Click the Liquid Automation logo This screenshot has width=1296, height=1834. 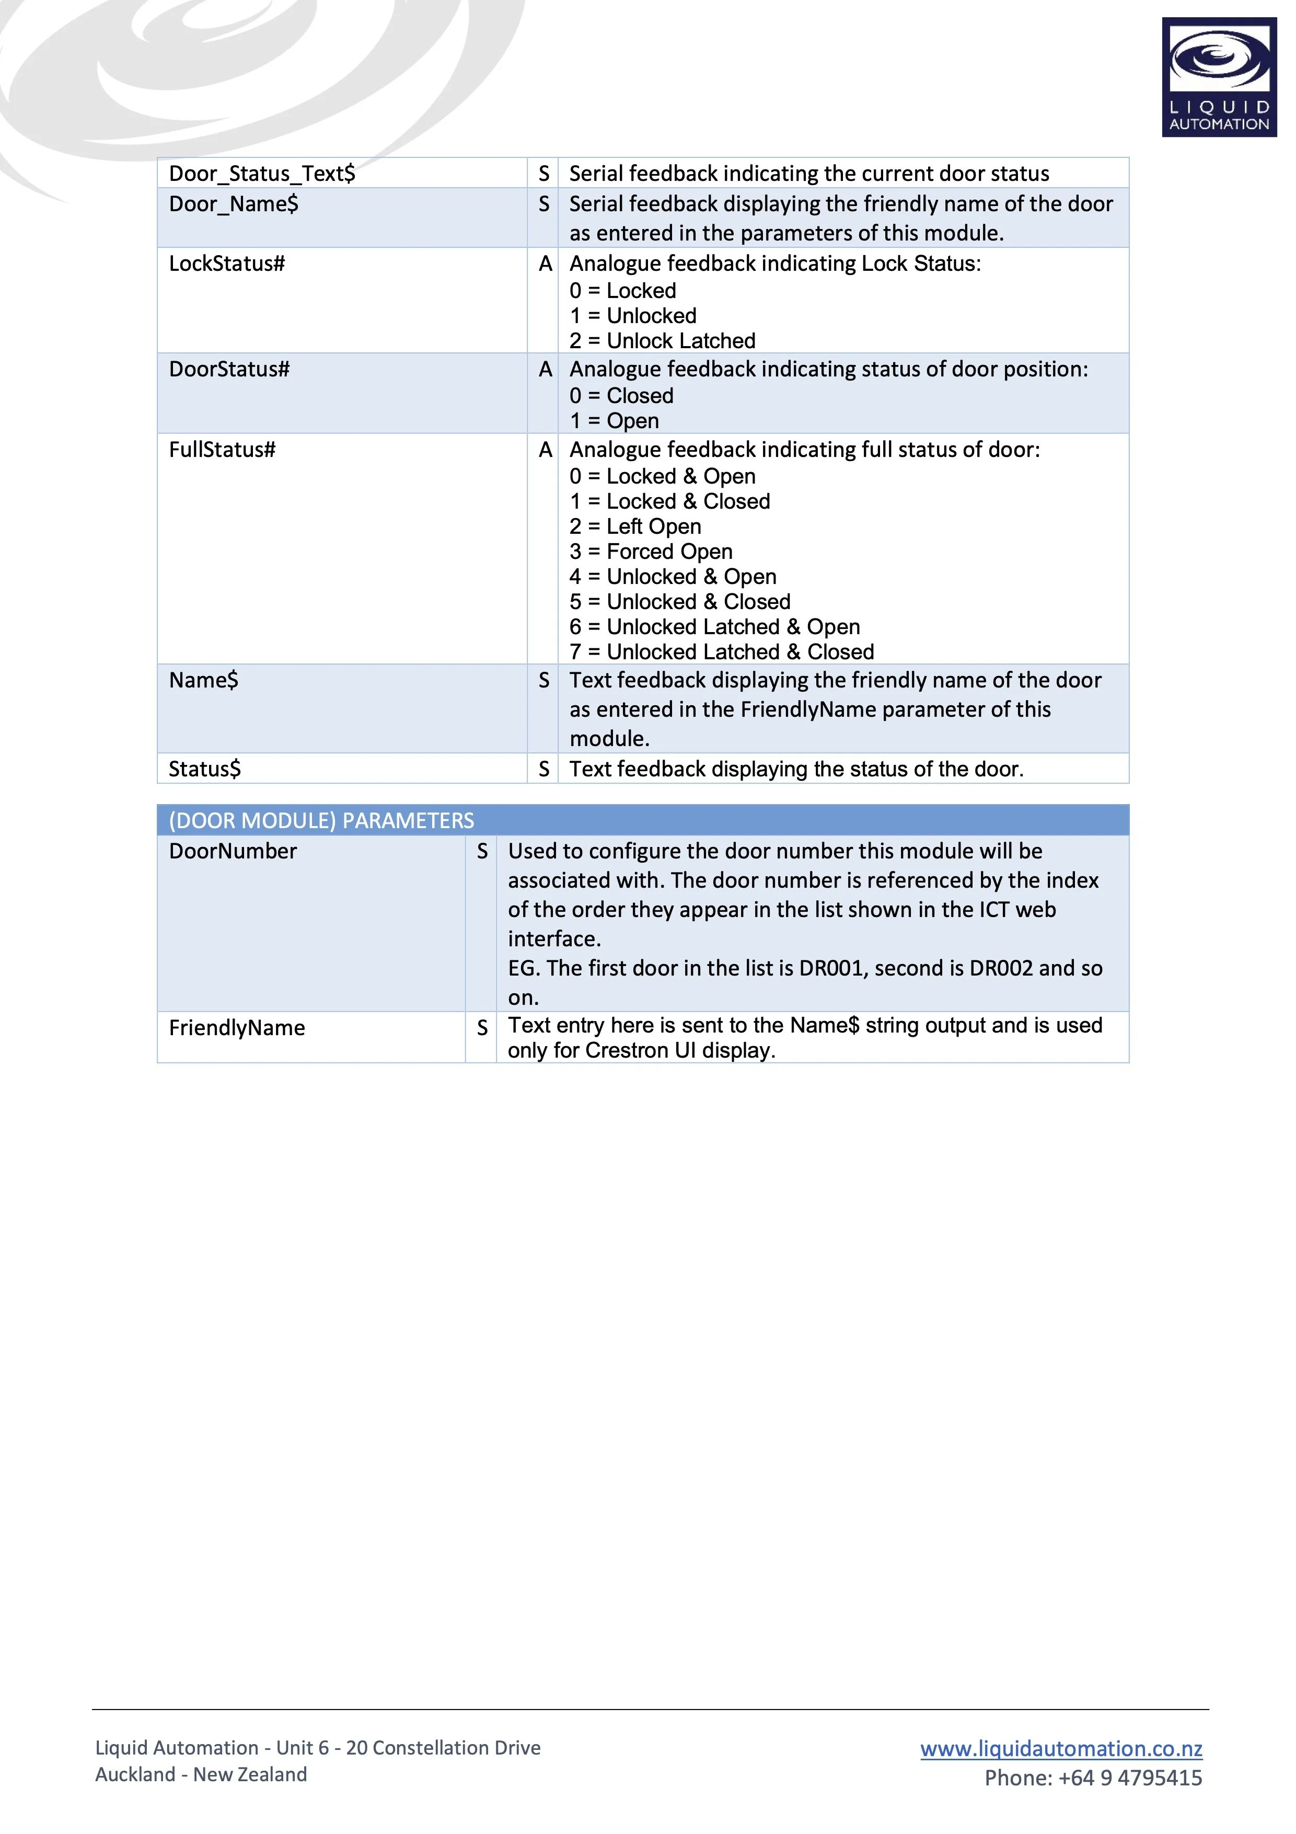coord(1219,77)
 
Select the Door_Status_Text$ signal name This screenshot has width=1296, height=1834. coord(262,174)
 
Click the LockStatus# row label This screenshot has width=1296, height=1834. coord(227,263)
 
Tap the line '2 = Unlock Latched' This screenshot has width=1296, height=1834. coord(662,340)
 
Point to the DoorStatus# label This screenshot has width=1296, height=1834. coord(229,369)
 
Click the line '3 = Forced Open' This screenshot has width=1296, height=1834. coord(651,551)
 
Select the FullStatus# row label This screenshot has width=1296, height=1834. coord(222,450)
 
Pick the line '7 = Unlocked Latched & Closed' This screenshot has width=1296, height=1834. coord(721,652)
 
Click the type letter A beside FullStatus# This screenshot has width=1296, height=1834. coord(546,450)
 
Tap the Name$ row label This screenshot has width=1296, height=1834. coord(204,680)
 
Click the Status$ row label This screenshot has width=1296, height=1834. coord(204,769)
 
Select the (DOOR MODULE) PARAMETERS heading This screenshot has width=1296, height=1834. coord(321,820)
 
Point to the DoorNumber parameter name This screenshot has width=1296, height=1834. coord(233,851)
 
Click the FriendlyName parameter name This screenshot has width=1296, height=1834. coord(237,1027)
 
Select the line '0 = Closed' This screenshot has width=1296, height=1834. coord(621,395)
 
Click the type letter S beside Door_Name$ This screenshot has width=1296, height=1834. coord(544,204)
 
